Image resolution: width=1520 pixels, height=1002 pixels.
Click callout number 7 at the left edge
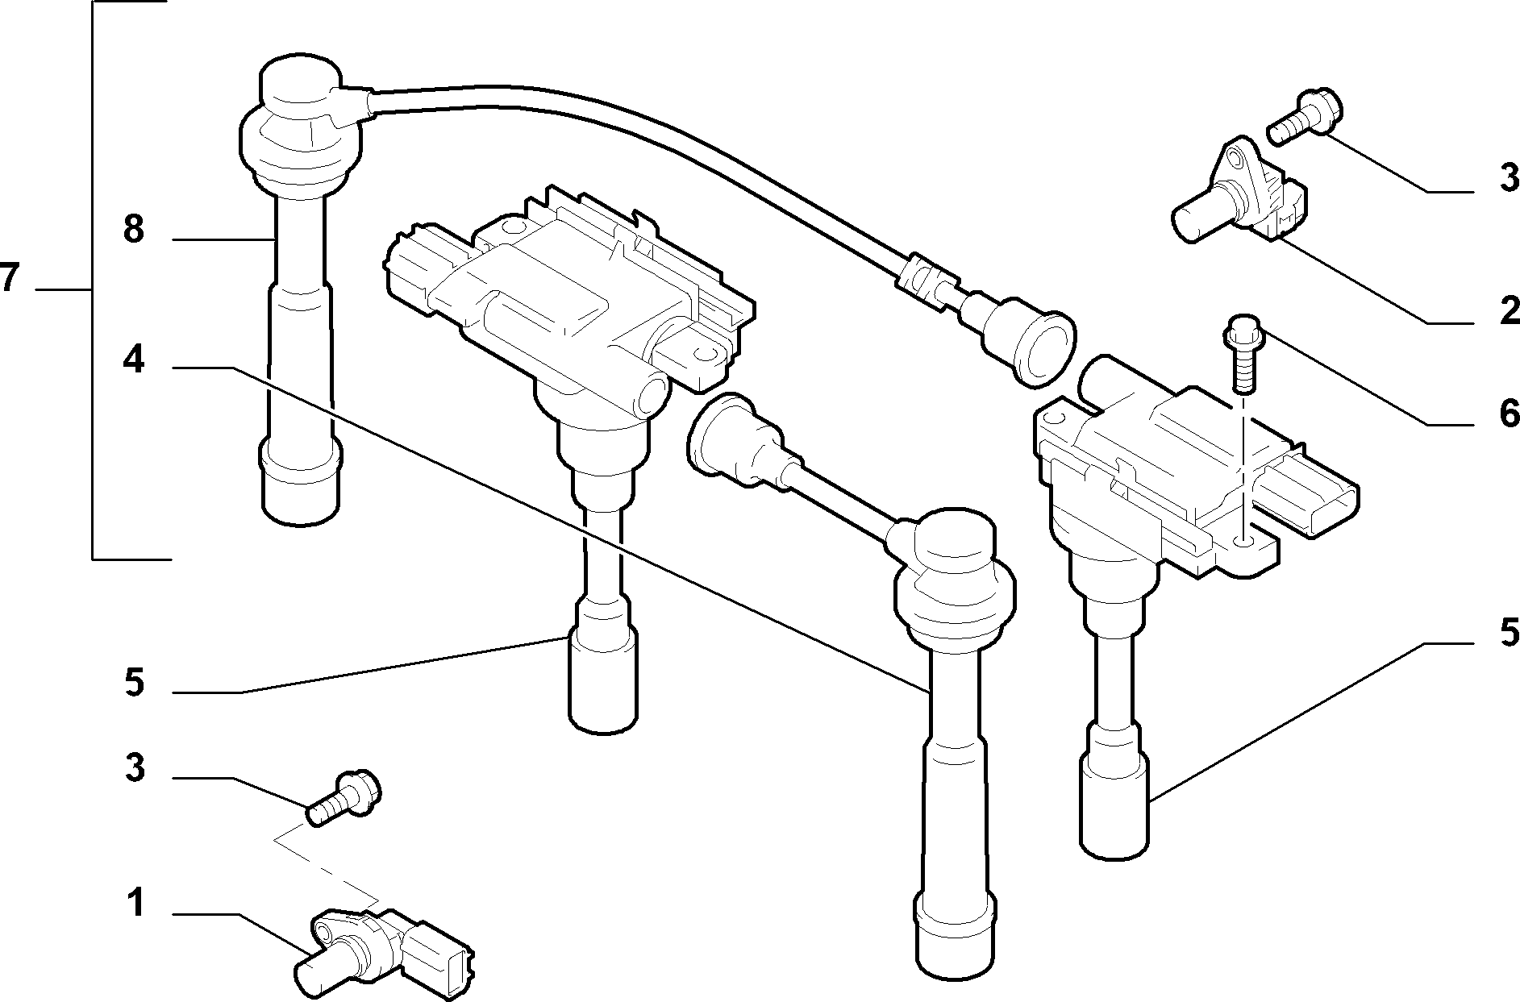click(x=10, y=278)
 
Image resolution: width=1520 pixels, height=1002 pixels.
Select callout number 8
click(x=134, y=230)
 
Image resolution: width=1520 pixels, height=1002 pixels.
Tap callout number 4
click(x=134, y=360)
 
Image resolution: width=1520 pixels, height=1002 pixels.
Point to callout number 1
click(x=135, y=904)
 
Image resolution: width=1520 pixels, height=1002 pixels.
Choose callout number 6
click(x=1509, y=414)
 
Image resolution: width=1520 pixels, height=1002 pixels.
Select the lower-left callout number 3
click(x=135, y=768)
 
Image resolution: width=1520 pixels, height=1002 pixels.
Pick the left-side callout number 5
click(x=135, y=683)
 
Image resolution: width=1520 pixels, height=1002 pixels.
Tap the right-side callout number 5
click(x=1509, y=633)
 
